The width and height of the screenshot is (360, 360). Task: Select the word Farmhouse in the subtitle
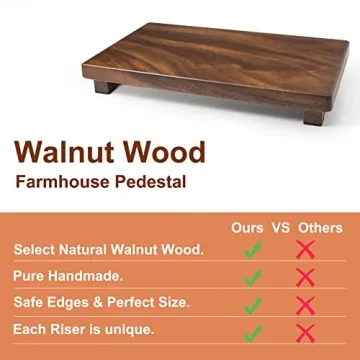62,183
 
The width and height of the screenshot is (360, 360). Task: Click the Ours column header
248,228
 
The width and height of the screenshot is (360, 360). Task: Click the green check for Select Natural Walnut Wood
252,250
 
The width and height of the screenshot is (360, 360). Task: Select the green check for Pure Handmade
252,277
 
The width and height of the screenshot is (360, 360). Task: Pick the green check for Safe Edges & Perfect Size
252,304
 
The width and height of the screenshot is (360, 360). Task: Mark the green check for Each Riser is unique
252,331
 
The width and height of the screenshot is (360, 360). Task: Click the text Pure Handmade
68,275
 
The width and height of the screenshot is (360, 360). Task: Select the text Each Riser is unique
83,328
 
